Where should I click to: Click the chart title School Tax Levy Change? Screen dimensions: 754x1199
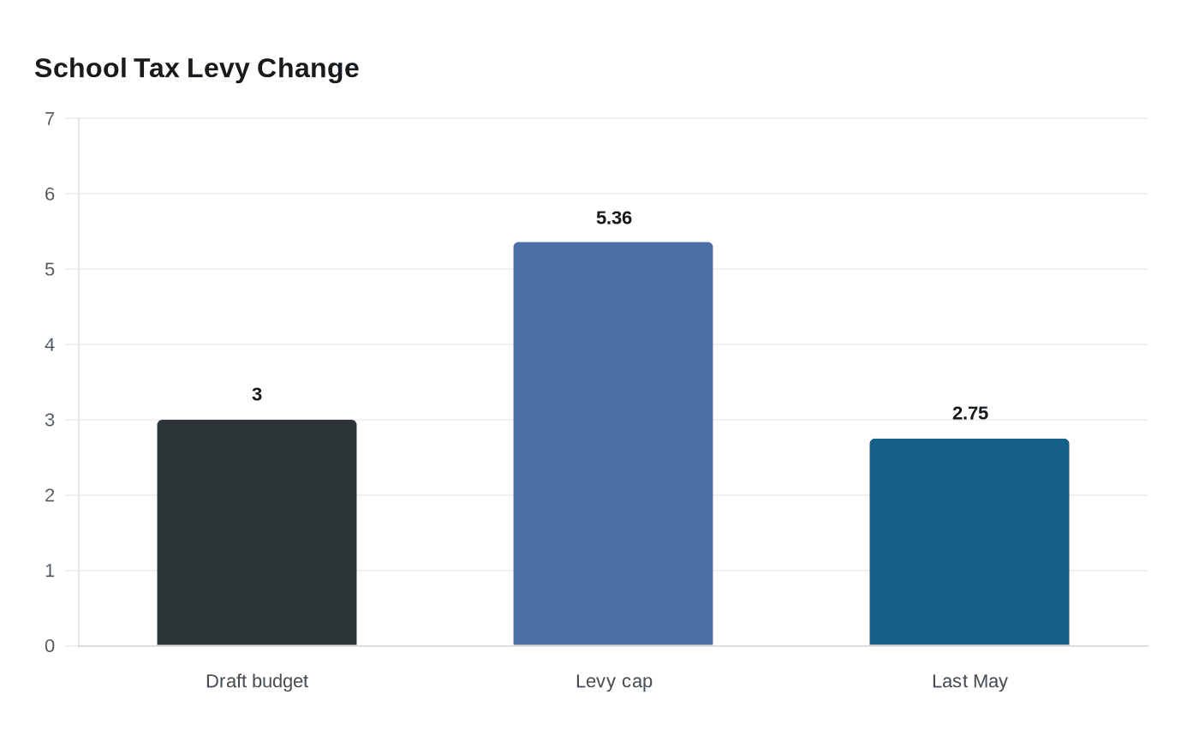pyautogui.click(x=196, y=68)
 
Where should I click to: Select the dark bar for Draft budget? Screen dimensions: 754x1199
pyautogui.click(x=257, y=532)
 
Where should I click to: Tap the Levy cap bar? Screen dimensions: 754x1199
pyautogui.click(x=613, y=444)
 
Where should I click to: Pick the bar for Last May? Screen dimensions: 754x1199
pyautogui.click(x=969, y=542)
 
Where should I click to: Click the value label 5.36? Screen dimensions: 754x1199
pyautogui.click(x=614, y=218)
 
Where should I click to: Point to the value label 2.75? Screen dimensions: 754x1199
pyautogui.click(x=970, y=413)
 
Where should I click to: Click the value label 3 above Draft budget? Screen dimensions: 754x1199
pyautogui.click(x=257, y=394)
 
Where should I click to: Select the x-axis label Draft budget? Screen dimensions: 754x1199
pyautogui.click(x=257, y=681)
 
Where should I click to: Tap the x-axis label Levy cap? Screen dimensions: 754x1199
pyautogui.click(x=614, y=681)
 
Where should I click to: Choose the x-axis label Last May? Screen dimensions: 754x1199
pyautogui.click(x=969, y=681)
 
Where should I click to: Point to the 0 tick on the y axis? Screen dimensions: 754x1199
pyautogui.click(x=50, y=646)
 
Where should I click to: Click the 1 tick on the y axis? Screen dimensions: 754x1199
pyautogui.click(x=50, y=571)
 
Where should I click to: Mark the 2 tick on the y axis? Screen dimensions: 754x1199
pyautogui.click(x=50, y=495)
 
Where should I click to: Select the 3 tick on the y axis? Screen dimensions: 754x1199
pyautogui.click(x=50, y=420)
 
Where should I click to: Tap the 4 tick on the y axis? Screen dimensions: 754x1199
pyautogui.click(x=50, y=344)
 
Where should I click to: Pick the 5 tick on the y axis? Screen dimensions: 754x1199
pyautogui.click(x=50, y=269)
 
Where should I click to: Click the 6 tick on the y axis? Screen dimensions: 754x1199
pyautogui.click(x=50, y=194)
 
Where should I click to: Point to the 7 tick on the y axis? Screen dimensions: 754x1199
pyautogui.click(x=50, y=118)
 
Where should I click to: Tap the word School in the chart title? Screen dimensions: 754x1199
pyautogui.click(x=81, y=68)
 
